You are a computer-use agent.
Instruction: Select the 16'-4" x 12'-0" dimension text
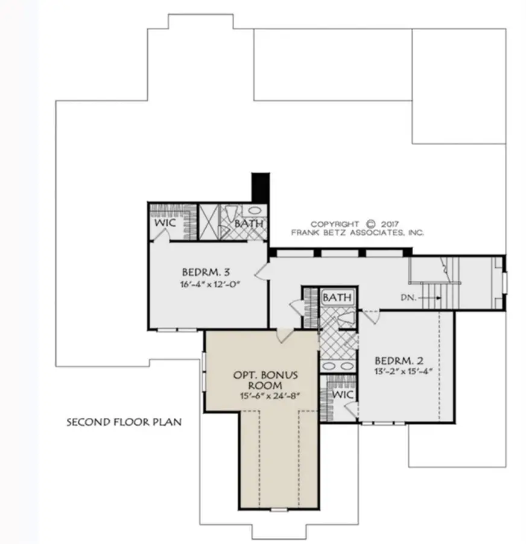click(206, 285)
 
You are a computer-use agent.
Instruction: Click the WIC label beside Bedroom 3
click(166, 223)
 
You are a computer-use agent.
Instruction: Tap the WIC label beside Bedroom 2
click(342, 394)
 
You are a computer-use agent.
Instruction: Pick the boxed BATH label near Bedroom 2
click(337, 298)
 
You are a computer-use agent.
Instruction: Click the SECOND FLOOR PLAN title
click(124, 421)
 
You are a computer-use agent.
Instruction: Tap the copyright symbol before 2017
click(372, 224)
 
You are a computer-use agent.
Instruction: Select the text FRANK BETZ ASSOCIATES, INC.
click(358, 233)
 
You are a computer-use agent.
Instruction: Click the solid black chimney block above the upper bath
click(260, 188)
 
